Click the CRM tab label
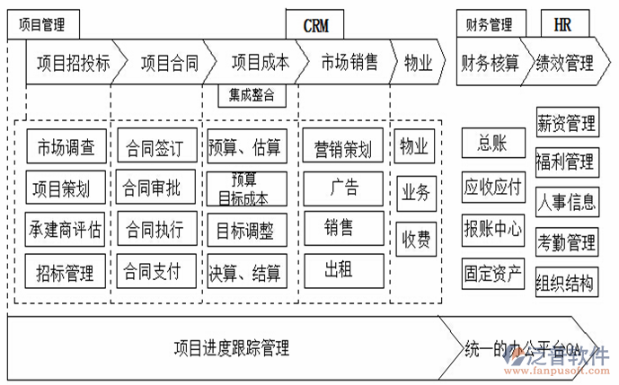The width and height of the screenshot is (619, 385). [x=315, y=25]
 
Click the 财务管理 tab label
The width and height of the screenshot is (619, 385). [x=490, y=25]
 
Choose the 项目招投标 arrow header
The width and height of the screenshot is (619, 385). [x=74, y=63]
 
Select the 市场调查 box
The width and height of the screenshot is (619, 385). [x=66, y=147]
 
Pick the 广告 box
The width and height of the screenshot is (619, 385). [x=343, y=188]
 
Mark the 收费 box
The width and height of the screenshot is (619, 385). [x=415, y=240]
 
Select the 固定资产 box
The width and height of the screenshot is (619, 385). [x=493, y=273]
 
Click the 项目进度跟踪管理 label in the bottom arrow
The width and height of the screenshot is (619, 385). [x=232, y=348]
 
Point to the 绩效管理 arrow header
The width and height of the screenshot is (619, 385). [x=565, y=63]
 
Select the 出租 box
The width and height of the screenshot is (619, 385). [x=337, y=269]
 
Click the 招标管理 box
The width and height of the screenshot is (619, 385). [x=66, y=271]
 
